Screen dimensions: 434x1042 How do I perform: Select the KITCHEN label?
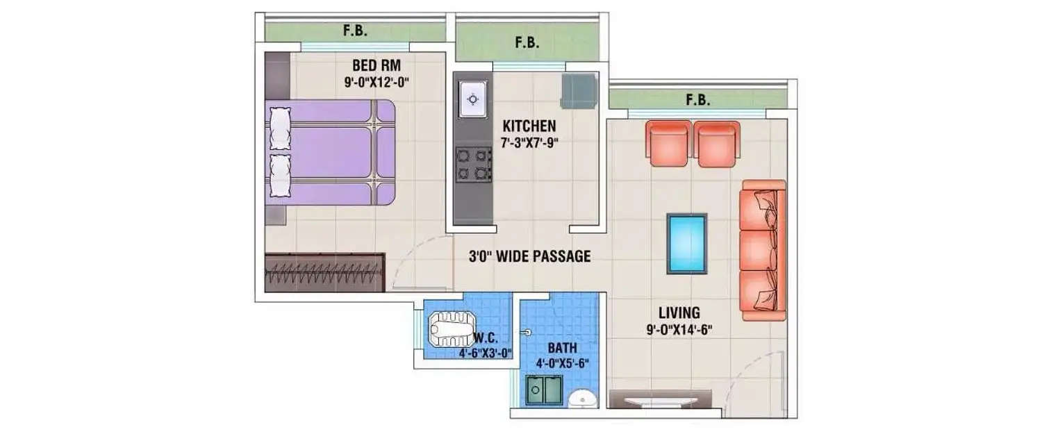529,126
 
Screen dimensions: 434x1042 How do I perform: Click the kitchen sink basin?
473,100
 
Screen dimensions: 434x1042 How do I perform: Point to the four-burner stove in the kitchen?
474,165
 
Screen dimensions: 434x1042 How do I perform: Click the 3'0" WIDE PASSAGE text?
529,256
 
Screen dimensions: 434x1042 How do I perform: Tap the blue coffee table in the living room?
686,242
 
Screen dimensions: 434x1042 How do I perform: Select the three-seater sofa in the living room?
762,250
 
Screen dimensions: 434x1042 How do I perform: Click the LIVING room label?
679,312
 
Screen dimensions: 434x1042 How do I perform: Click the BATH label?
561,347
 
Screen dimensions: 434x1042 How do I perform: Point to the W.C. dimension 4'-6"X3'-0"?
485,353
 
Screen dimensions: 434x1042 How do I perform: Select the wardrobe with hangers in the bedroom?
325,273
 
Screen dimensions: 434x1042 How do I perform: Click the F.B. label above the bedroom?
355,31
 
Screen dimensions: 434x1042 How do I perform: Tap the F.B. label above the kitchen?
527,43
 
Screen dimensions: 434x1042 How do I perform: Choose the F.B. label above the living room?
698,100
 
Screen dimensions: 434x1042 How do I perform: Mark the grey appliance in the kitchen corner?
579,90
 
